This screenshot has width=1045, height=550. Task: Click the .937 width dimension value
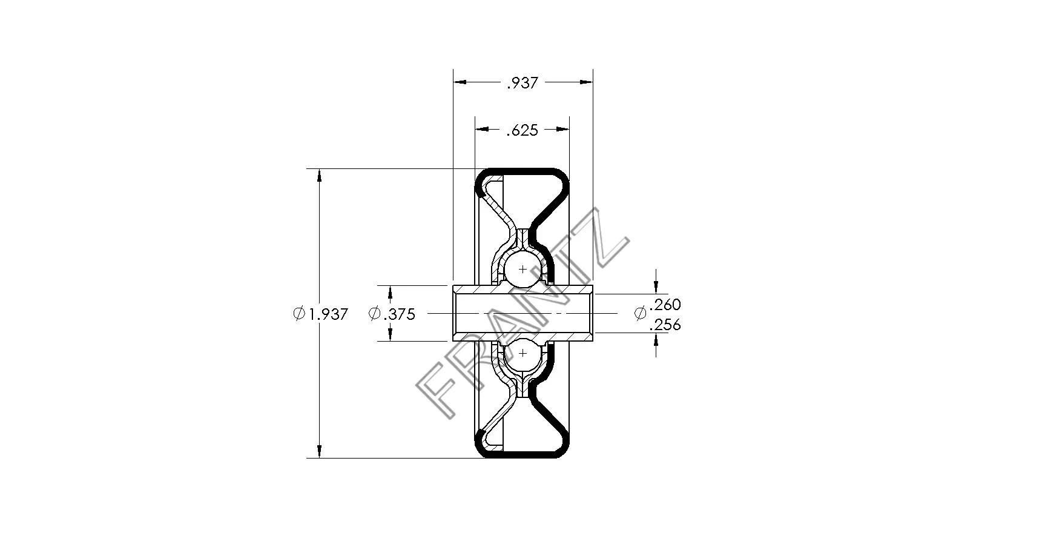(x=522, y=83)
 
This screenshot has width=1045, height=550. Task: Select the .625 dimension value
(x=522, y=130)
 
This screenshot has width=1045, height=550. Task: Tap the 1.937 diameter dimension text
(x=328, y=314)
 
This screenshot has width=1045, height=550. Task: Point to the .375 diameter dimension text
(x=399, y=314)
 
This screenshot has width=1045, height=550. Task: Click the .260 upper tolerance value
(x=665, y=304)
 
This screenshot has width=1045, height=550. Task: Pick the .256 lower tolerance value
(x=665, y=325)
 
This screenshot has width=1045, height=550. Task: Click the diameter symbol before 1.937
(x=298, y=314)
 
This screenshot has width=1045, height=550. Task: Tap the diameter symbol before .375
(x=374, y=314)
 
